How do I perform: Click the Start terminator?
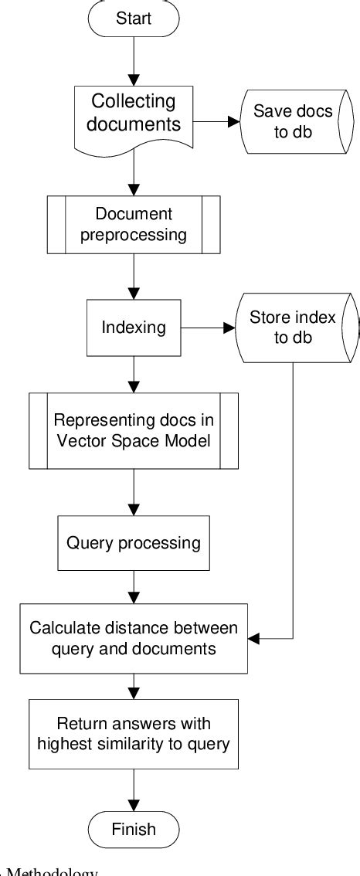point(134,19)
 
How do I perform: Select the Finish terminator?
point(134,829)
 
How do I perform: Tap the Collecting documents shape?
point(134,114)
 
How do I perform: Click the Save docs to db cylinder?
point(293,121)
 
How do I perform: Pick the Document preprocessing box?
point(134,224)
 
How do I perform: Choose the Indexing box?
point(134,327)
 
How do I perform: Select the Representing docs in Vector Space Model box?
point(134,430)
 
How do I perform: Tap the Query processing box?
point(134,542)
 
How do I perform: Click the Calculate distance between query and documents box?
point(134,638)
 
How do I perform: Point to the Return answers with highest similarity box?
point(134,734)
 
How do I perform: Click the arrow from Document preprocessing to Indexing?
point(134,278)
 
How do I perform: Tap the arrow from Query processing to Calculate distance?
point(134,586)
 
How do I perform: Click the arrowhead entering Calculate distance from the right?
point(255,639)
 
